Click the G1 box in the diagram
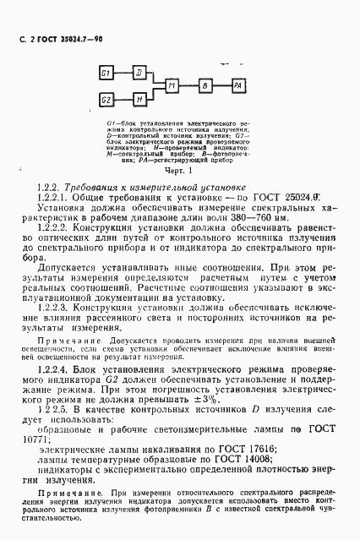(x=106, y=73)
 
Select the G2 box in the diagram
(x=106, y=100)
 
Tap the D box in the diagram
(x=139, y=73)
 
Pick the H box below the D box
(x=139, y=100)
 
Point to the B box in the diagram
(x=205, y=86)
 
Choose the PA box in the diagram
(x=240, y=86)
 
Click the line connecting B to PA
(x=222, y=86)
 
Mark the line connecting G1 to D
(x=123, y=73)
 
